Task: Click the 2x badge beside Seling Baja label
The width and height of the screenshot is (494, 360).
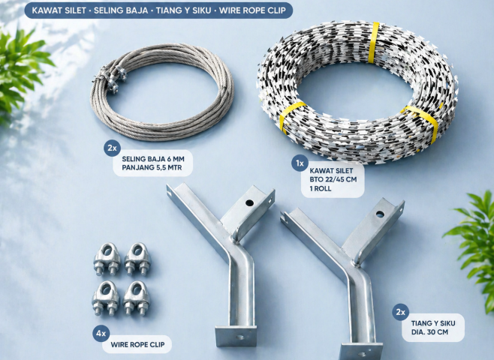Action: tap(112, 148)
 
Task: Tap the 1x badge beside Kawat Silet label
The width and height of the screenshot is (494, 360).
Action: tap(300, 163)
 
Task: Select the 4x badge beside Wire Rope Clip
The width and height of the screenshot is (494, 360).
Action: tap(101, 334)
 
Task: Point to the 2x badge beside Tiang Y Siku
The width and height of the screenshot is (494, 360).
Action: tap(400, 312)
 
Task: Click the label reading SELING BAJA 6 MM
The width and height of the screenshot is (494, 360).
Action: tap(153, 159)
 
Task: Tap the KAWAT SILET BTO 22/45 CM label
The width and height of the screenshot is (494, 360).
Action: tap(333, 180)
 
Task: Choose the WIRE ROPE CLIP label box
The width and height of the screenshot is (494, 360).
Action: tap(137, 344)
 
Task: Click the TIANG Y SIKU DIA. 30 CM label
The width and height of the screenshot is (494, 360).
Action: tap(433, 328)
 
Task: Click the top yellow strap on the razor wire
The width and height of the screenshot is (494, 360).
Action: tap(374, 43)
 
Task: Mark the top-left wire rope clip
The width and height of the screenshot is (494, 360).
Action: tap(107, 259)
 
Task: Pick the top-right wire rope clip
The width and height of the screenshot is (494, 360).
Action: tap(137, 259)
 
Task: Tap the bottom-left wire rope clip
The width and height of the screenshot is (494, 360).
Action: tap(106, 298)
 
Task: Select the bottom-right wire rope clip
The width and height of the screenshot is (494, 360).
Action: tap(137, 298)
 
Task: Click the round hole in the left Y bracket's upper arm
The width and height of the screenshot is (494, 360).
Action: tap(249, 203)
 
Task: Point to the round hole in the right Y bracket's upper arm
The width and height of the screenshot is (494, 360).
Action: tap(380, 214)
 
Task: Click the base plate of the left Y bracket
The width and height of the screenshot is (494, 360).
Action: tap(236, 337)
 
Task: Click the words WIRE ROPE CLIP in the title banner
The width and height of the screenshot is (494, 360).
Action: tap(252, 10)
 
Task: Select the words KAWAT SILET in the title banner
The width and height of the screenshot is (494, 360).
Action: tap(59, 10)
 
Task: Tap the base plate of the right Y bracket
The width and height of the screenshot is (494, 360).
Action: tap(361, 352)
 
